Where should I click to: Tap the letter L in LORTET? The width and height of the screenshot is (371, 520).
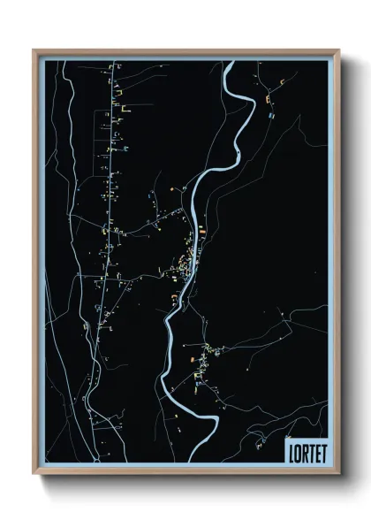[291, 452]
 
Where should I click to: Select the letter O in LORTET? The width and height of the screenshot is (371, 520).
[297, 452]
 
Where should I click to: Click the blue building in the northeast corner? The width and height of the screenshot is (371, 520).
[272, 115]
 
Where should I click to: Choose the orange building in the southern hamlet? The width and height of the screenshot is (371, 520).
[189, 359]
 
